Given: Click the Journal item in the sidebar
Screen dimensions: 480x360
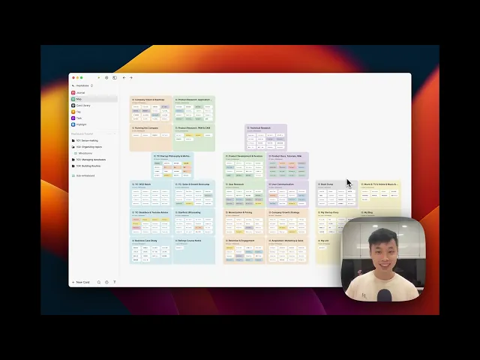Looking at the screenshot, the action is [x=80, y=92].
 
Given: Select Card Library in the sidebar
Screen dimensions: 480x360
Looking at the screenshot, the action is [x=82, y=105].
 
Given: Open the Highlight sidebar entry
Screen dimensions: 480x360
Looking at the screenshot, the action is [x=81, y=124].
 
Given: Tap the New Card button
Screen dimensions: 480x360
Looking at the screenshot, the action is [x=82, y=282].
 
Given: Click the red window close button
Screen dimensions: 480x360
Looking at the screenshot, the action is [x=73, y=77].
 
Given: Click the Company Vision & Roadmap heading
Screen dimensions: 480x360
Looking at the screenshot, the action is [x=149, y=99].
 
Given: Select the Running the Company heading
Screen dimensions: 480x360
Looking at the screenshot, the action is [x=147, y=127].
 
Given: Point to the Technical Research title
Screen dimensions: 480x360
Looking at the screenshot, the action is [x=261, y=127].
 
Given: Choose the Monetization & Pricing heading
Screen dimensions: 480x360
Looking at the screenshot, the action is [x=241, y=212].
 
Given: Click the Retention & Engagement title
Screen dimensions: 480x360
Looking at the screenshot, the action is [x=241, y=241].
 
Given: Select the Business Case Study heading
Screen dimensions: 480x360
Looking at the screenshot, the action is [x=148, y=241].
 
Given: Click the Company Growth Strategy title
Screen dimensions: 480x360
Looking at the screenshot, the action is [x=286, y=212].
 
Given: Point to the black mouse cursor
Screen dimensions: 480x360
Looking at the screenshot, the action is [x=349, y=183].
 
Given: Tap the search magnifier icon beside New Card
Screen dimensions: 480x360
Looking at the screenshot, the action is [x=99, y=282].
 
